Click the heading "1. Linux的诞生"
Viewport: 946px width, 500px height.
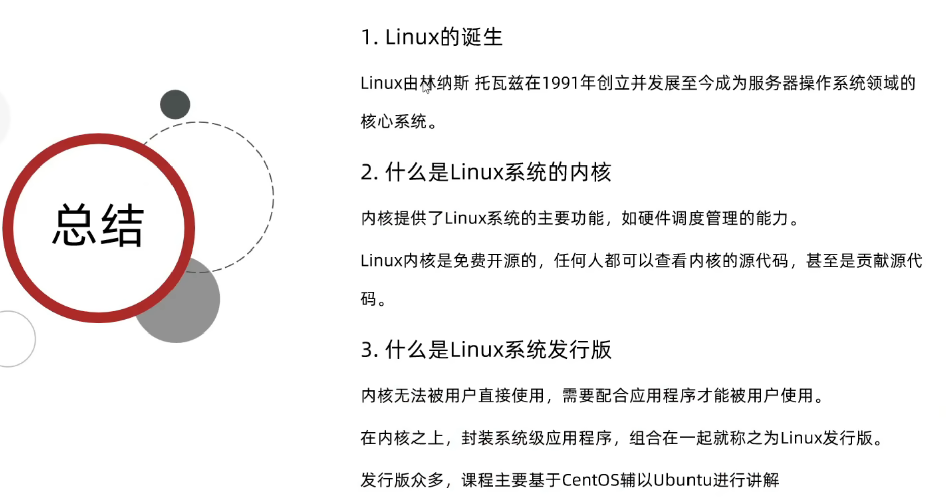point(432,37)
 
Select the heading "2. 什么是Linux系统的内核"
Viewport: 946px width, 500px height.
point(485,173)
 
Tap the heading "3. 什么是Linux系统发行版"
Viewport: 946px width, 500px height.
point(485,350)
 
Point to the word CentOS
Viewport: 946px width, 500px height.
point(590,480)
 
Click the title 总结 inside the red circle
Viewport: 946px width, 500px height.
point(99,226)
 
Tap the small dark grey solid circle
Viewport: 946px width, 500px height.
point(175,105)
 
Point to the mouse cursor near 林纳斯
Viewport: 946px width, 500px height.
point(426,88)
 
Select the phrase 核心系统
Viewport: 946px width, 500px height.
point(393,122)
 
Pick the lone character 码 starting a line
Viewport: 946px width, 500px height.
point(369,299)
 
